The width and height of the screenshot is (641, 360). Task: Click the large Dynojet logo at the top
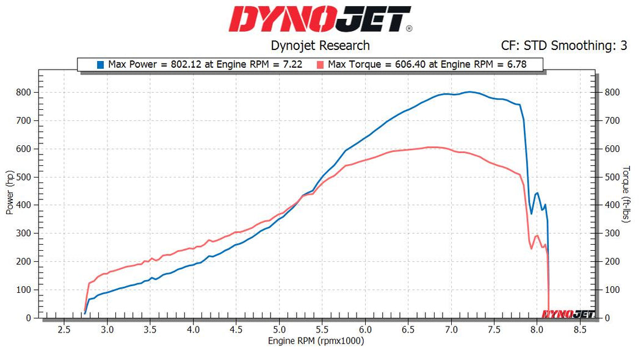[320, 20]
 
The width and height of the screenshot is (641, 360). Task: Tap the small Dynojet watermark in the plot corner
[568, 314]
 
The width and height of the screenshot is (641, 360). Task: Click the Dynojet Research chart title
[320, 45]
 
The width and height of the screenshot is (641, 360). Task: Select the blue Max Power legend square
[100, 64]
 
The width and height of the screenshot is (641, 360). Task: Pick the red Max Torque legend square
[320, 64]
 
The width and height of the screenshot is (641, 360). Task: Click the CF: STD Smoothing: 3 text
[563, 45]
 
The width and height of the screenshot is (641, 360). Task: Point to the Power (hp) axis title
[10, 192]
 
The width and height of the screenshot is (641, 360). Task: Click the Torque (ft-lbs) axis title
[626, 192]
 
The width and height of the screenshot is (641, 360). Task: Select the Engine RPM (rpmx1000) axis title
[316, 340]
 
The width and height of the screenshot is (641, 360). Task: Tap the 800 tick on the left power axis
[25, 92]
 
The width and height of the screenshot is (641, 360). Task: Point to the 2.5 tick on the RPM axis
[64, 329]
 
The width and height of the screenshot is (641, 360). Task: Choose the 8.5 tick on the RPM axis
[580, 329]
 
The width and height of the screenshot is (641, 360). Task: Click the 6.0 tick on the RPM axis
[365, 329]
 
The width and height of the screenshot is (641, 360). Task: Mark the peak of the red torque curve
[431, 146]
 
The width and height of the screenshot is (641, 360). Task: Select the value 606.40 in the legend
[401, 64]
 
